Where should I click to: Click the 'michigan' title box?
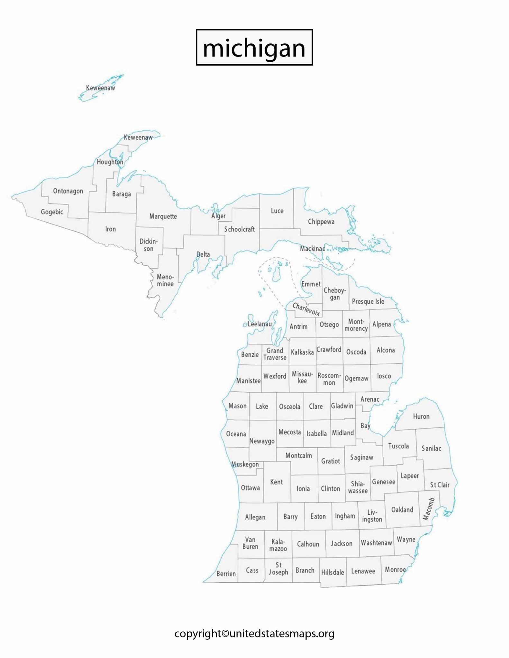[254, 48]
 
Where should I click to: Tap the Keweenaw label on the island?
[100, 88]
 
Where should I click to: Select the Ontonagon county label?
[68, 191]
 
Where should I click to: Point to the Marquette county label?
[163, 216]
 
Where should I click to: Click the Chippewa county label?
[321, 222]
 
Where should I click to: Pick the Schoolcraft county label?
[240, 229]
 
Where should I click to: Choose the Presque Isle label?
[368, 301]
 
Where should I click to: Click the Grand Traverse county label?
[275, 354]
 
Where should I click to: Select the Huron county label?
[421, 416]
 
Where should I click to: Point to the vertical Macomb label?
[428, 509]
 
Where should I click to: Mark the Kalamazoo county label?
[278, 545]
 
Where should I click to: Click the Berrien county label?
[226, 574]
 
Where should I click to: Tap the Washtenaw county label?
[376, 543]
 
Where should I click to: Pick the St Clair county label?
[440, 485]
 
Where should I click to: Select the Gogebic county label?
[52, 212]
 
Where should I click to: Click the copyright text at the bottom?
[254, 634]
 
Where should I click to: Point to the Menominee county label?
[165, 280]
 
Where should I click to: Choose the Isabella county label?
[316, 433]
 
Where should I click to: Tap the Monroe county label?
[395, 569]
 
